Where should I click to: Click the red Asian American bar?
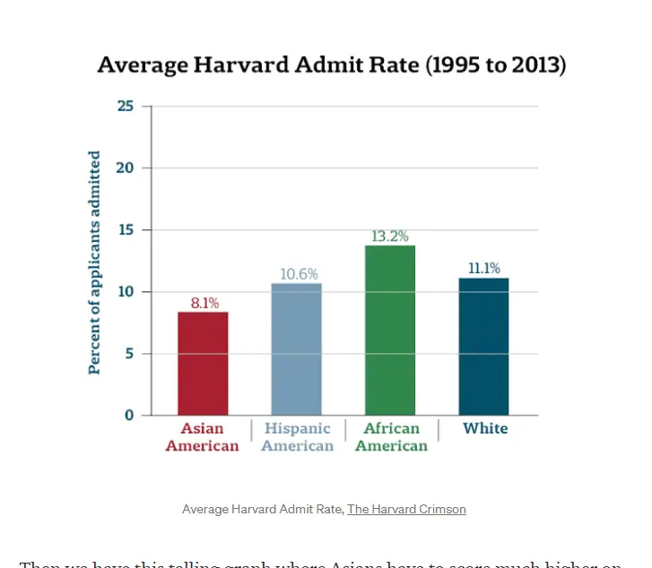pos(203,363)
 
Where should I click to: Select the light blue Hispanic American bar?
pos(296,349)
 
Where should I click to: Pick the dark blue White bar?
pos(483,346)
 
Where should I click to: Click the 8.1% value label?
pos(204,303)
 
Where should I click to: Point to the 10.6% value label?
pos(298,274)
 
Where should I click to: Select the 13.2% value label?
pos(390,237)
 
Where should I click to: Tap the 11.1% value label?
pos(483,268)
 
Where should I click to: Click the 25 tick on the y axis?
pos(126,106)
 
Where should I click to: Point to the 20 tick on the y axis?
pos(126,168)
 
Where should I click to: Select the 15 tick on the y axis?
pos(126,230)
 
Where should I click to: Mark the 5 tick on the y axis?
pos(129,354)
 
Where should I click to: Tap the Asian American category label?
pos(203,437)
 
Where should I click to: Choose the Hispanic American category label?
pos(297,437)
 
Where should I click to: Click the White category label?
pos(485,428)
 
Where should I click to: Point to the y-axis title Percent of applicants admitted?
pos(94,262)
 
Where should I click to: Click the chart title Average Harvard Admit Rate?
pos(331,65)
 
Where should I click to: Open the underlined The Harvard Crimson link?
pos(406,509)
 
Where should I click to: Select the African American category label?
pos(391,437)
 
